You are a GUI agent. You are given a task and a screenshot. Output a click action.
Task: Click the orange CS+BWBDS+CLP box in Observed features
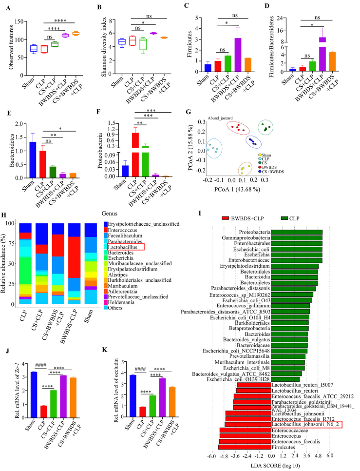[76, 34]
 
